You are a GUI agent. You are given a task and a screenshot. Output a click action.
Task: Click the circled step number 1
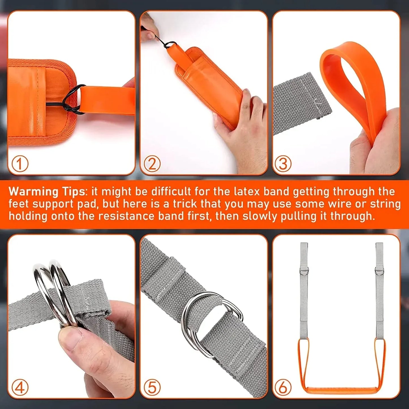click(20, 164)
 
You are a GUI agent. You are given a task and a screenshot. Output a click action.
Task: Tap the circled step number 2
click(152, 164)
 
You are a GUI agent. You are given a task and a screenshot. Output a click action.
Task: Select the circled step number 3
click(283, 164)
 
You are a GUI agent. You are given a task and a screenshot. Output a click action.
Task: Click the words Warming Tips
click(47, 192)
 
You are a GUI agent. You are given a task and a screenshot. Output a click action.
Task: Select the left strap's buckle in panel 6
click(304, 272)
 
